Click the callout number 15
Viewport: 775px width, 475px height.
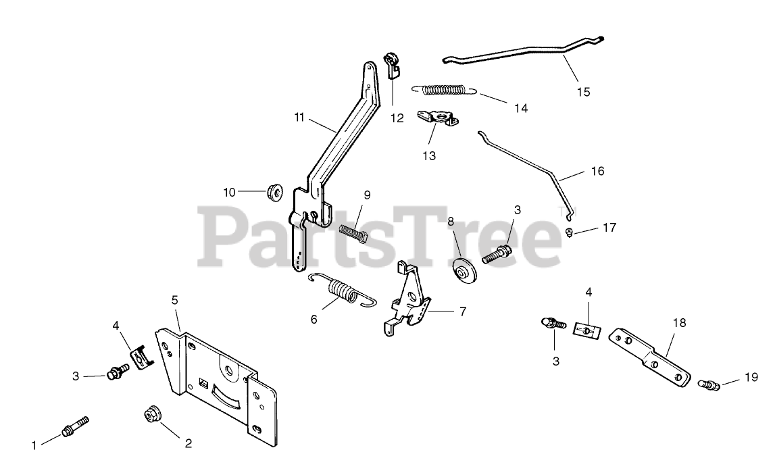tap(582, 92)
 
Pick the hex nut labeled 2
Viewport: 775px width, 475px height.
tap(150, 414)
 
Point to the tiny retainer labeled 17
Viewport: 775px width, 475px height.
tap(570, 233)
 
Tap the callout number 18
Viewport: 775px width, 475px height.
tap(678, 323)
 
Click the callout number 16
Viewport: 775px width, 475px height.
tap(597, 171)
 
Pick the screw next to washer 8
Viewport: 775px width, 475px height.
tap(497, 255)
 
